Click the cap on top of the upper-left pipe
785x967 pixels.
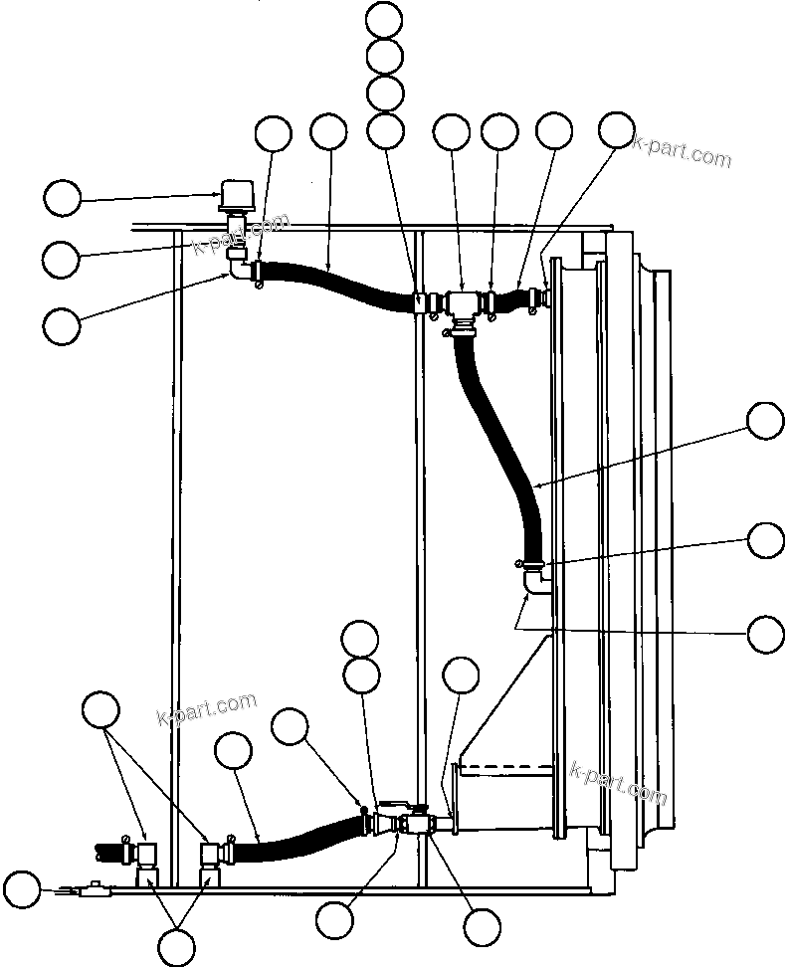(x=237, y=194)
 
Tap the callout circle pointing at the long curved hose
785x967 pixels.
(x=765, y=421)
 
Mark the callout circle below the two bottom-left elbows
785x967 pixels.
(x=177, y=945)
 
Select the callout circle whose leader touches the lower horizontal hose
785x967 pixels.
(x=234, y=751)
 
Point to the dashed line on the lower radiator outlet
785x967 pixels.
(x=507, y=768)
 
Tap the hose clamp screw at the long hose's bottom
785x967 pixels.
(x=520, y=564)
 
